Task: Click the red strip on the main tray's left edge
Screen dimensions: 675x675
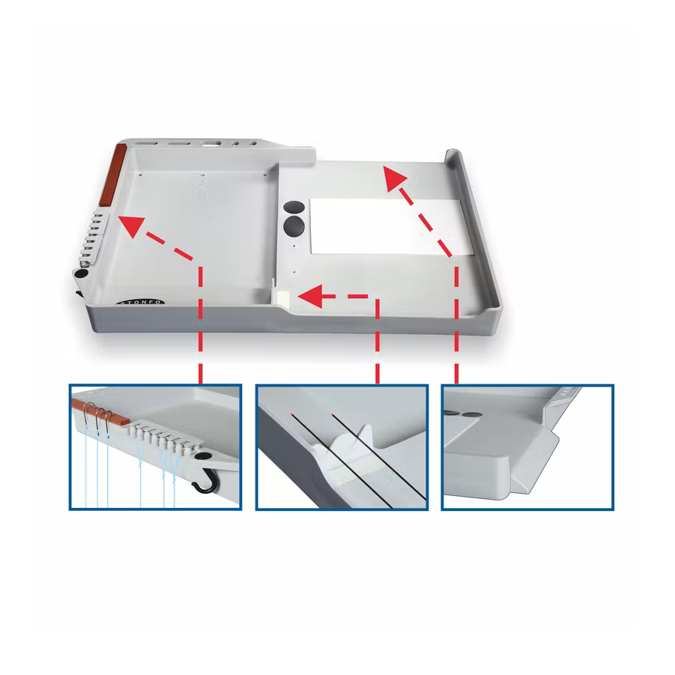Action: tap(113, 175)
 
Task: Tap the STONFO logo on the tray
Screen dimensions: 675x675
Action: tap(140, 302)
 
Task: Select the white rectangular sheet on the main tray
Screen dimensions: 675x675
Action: tap(392, 227)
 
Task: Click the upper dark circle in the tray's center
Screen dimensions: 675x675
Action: tap(294, 207)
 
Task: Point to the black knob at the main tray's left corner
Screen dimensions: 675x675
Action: tap(82, 273)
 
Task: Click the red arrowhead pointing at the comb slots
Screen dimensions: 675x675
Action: tap(131, 225)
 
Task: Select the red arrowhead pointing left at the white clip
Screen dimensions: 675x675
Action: tap(310, 296)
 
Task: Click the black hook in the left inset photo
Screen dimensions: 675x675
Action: tap(207, 482)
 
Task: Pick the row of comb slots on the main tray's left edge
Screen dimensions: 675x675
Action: tap(91, 237)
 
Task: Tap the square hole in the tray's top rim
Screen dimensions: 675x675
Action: tap(212, 144)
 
